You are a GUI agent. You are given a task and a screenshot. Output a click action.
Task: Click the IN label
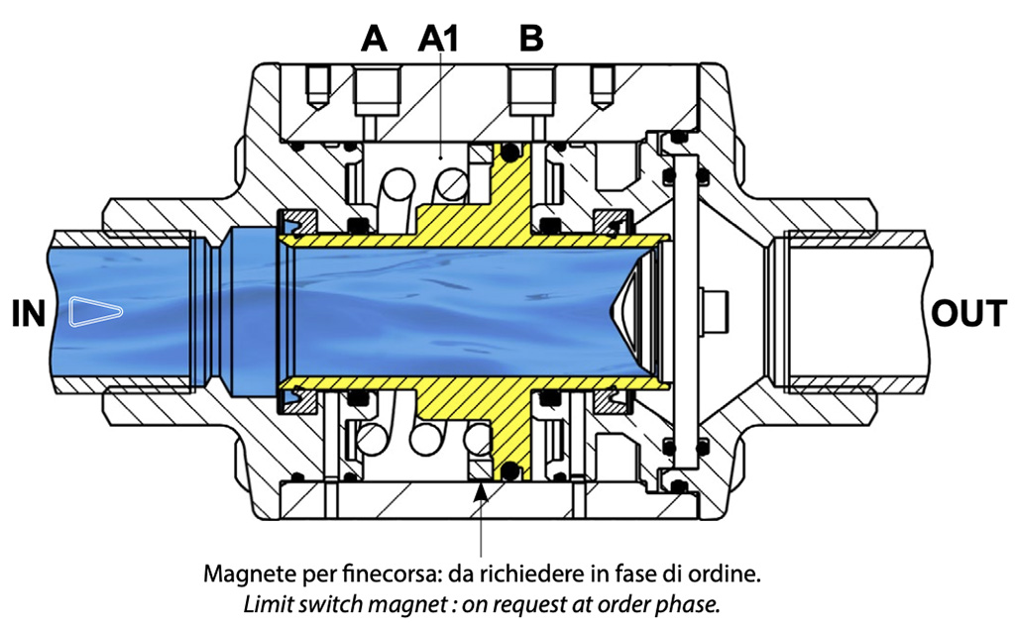coord(27,314)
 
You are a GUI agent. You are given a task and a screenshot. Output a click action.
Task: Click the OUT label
coord(969,314)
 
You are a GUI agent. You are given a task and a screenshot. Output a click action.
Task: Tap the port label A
coord(374,39)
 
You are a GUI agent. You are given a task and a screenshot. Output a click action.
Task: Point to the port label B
coord(532,39)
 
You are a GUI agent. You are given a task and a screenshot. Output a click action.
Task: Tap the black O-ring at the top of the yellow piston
coord(510,151)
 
